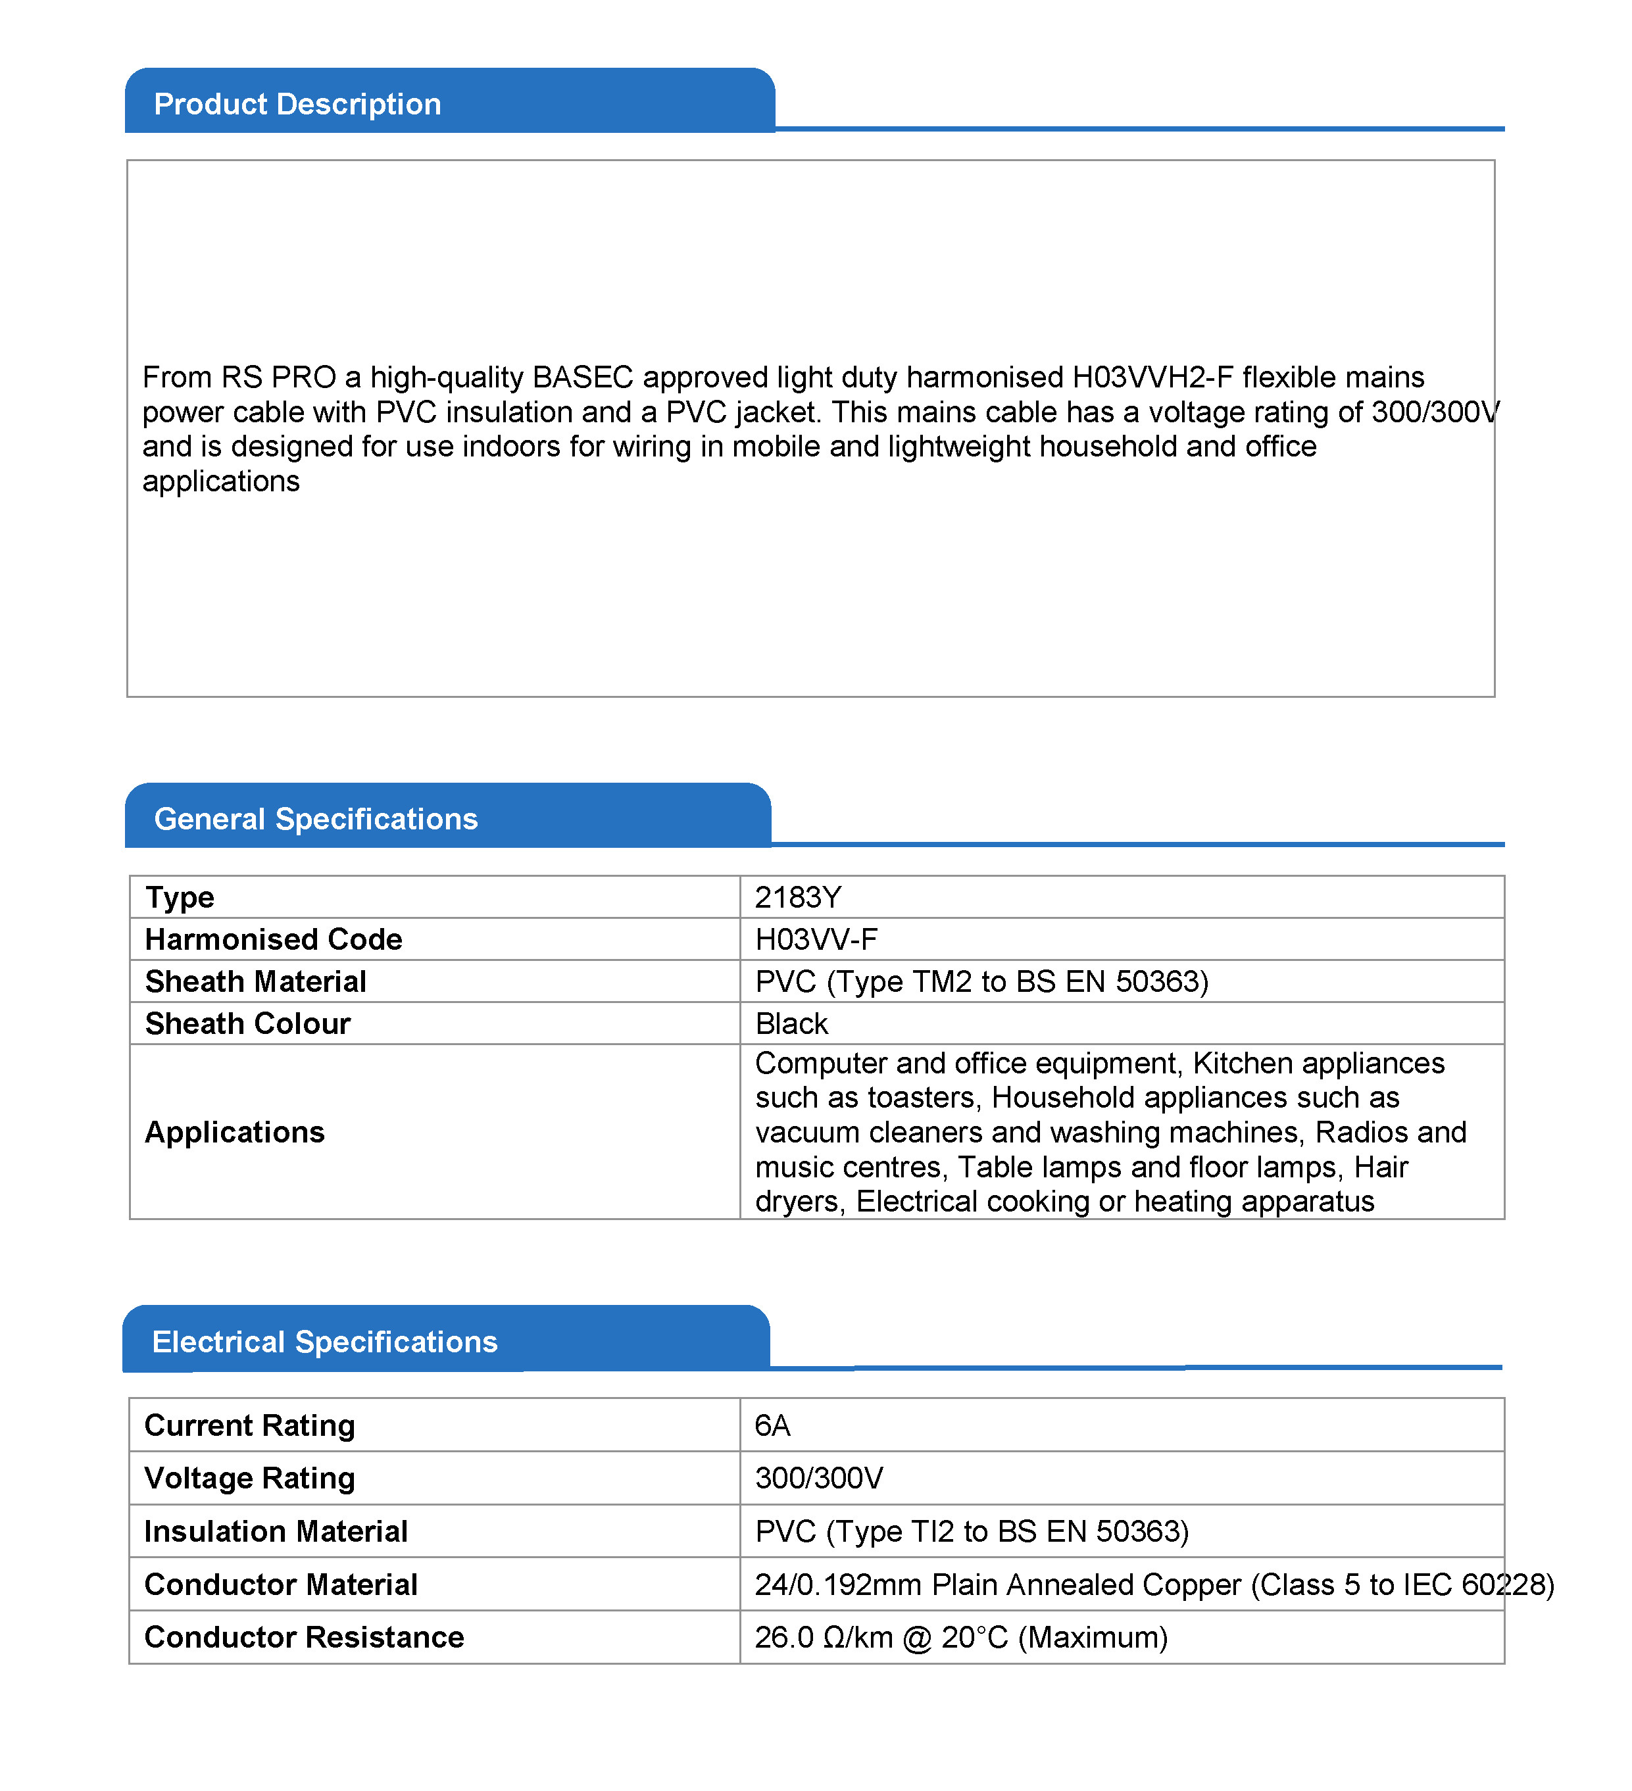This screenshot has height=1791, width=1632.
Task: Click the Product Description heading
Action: [297, 104]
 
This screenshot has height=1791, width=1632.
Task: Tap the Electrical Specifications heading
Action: [324, 1342]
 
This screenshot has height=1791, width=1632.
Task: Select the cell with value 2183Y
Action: [797, 897]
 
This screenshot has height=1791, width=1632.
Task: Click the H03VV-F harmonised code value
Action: [816, 939]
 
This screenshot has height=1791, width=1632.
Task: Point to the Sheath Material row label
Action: [255, 982]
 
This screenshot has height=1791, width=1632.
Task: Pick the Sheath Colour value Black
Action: [791, 1023]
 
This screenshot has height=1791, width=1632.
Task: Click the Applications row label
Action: [235, 1132]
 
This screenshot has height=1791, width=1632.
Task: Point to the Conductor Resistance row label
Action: [304, 1636]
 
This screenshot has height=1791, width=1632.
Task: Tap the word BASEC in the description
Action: [583, 378]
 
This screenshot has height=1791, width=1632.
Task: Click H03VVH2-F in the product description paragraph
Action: [1152, 378]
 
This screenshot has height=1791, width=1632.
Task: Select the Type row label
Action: [180, 897]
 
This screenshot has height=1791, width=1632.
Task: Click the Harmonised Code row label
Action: [274, 939]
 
